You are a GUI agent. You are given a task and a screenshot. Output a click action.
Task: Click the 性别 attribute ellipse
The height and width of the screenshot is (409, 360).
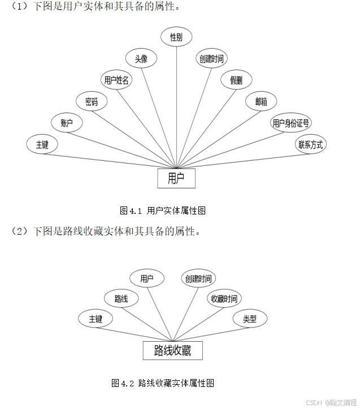click(x=176, y=37)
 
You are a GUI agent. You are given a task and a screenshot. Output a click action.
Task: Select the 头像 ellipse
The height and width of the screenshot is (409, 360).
click(x=141, y=58)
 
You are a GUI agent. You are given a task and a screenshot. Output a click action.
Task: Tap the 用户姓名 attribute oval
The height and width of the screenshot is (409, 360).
click(x=116, y=80)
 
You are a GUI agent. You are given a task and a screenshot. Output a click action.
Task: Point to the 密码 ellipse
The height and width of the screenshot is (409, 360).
click(x=92, y=102)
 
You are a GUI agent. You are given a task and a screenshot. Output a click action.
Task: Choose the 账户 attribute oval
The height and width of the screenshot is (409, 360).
click(x=67, y=123)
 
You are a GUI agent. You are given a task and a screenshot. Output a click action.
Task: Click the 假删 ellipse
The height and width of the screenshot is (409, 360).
click(x=236, y=80)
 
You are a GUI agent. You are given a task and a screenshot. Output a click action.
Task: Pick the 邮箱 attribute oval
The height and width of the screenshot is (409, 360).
click(x=261, y=102)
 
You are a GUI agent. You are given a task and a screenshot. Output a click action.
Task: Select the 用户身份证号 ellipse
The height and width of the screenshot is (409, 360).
click(x=290, y=123)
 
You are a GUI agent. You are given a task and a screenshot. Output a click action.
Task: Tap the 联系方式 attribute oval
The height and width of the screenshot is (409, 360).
click(x=311, y=144)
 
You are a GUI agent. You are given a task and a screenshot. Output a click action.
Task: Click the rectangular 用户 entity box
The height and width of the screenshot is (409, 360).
click(x=176, y=178)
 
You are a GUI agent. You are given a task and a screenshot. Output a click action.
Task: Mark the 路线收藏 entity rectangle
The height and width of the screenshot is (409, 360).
click(x=172, y=351)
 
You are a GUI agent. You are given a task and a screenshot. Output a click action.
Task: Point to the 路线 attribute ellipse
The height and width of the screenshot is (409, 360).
click(x=121, y=299)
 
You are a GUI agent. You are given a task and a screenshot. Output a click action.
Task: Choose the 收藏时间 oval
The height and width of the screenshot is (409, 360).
click(x=224, y=299)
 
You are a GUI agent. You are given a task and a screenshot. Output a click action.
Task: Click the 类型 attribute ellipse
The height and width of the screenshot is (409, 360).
click(x=250, y=319)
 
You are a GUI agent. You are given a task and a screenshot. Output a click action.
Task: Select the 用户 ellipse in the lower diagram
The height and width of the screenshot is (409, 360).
click(x=147, y=278)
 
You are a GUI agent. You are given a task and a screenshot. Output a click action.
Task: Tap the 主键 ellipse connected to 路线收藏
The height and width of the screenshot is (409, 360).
click(x=96, y=319)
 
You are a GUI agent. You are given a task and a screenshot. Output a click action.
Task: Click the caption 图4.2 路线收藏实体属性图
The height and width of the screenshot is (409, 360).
click(x=163, y=384)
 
